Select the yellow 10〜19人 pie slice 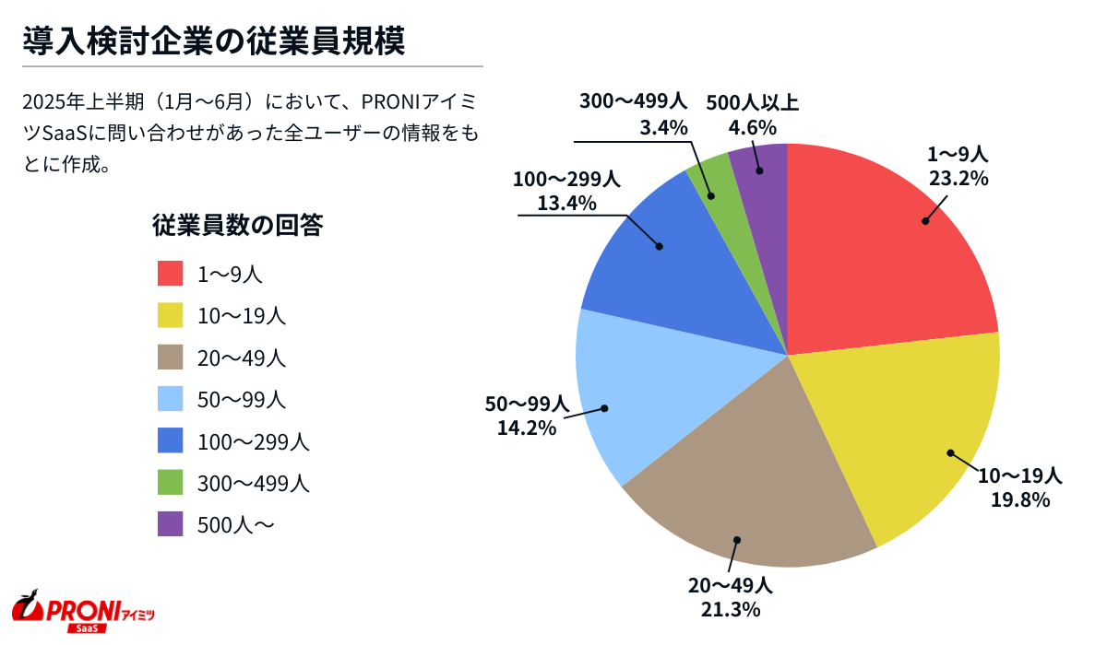[x=904, y=433]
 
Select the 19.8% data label [x=1020, y=499]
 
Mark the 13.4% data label [x=566, y=202]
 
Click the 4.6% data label [x=752, y=127]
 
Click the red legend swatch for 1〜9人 [x=172, y=274]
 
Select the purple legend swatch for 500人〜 [x=172, y=524]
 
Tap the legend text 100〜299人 [x=253, y=441]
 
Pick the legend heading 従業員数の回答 [x=237, y=225]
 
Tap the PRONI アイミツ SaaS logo [x=83, y=610]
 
